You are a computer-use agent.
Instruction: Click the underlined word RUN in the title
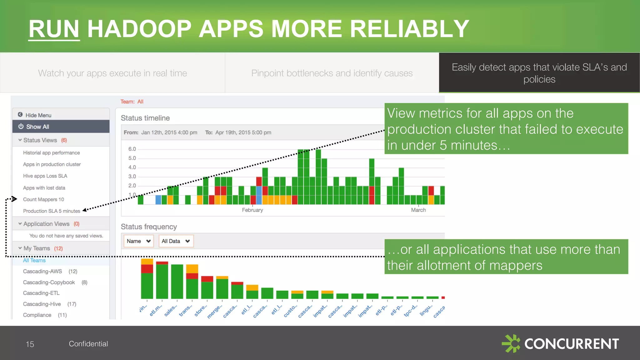coord(54,29)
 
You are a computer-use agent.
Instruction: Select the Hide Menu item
coord(38,115)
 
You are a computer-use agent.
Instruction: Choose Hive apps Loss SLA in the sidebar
coord(45,176)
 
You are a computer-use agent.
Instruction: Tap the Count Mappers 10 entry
coord(43,199)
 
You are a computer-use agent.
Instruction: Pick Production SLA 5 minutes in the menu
coord(52,211)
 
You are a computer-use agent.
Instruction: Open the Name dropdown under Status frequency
coord(138,241)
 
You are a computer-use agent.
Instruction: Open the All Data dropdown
coord(176,241)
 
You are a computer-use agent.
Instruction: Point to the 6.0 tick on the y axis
coord(132,149)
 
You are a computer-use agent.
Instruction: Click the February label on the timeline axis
coord(252,210)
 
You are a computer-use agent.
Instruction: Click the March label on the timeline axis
coord(418,210)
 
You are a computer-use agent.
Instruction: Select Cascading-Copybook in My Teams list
coord(49,282)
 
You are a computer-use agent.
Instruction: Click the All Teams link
coord(34,260)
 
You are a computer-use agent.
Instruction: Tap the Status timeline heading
coord(145,118)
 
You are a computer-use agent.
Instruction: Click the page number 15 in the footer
coord(30,344)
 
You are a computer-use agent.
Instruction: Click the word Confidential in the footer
coord(88,344)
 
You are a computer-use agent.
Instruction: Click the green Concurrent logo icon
coord(511,343)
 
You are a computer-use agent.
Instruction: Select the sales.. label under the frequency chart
coord(171,311)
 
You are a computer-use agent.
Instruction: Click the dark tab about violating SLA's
coord(539,73)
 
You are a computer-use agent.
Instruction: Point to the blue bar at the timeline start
coord(158,200)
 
